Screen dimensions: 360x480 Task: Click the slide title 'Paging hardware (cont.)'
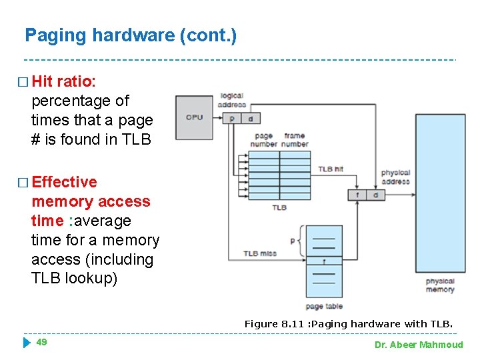(130, 35)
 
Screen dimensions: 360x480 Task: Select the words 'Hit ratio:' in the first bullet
(64, 81)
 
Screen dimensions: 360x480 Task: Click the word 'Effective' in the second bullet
(64, 182)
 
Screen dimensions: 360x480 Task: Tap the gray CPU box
(194, 117)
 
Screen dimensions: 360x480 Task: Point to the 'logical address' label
(232, 100)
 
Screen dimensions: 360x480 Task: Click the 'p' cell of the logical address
(231, 118)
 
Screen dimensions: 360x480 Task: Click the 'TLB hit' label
(330, 169)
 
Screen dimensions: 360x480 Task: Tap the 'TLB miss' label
(259, 253)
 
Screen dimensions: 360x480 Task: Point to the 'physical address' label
(395, 177)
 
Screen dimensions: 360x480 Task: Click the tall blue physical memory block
(440, 193)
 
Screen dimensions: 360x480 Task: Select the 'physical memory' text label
(440, 285)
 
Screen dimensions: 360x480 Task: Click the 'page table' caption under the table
(324, 306)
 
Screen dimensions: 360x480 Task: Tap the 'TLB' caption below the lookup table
(279, 208)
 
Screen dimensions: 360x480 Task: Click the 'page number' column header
(264, 140)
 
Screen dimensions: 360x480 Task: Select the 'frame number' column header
(294, 140)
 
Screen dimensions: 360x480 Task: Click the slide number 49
(41, 342)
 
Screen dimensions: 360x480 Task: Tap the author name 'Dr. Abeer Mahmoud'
(419, 345)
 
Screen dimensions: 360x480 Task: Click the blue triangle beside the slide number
(26, 343)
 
